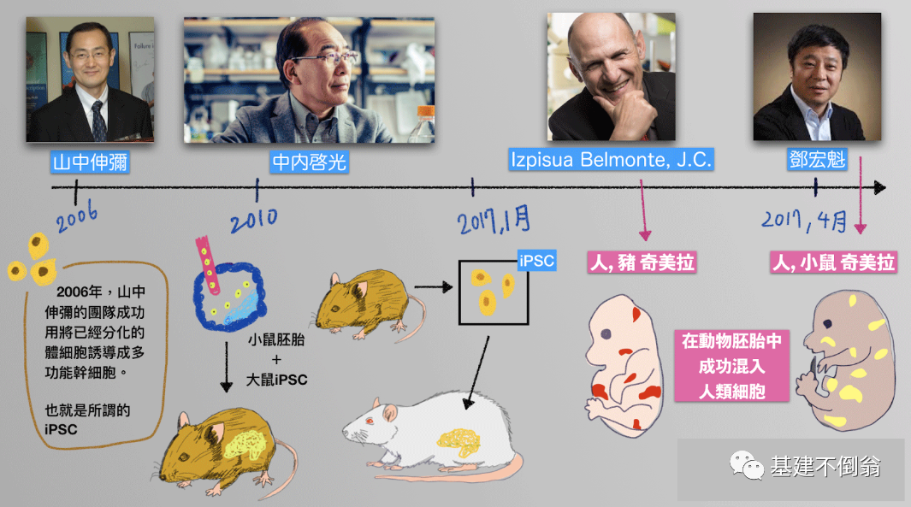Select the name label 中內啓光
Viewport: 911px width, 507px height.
(309, 162)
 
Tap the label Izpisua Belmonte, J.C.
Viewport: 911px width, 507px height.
(611, 160)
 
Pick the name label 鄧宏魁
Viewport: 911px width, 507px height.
(818, 160)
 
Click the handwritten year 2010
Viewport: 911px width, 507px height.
(253, 220)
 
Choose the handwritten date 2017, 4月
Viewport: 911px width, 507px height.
(804, 222)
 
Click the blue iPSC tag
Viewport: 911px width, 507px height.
(537, 261)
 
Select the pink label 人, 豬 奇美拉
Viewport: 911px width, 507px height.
(642, 262)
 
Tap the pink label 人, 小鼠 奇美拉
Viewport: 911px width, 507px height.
(833, 262)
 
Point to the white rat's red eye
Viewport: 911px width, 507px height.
(370, 421)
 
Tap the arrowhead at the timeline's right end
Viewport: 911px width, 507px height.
(880, 188)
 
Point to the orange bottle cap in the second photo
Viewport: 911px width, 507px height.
(425, 113)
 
